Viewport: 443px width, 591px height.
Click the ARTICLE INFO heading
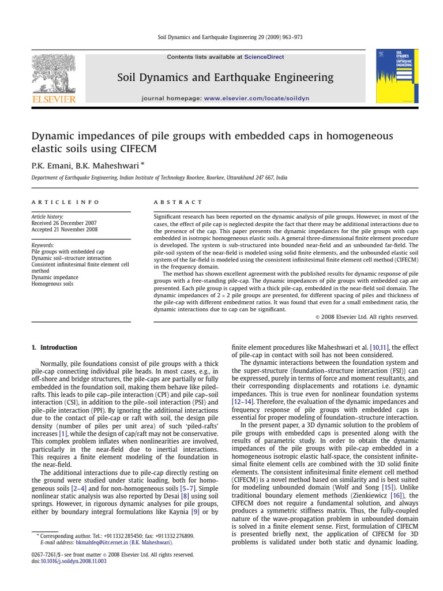(x=65, y=203)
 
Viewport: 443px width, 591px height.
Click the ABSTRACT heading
(x=178, y=203)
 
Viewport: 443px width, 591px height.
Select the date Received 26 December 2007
(x=64, y=223)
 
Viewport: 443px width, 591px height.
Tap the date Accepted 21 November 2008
(x=64, y=230)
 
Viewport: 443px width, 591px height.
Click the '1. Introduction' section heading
(x=53, y=347)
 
